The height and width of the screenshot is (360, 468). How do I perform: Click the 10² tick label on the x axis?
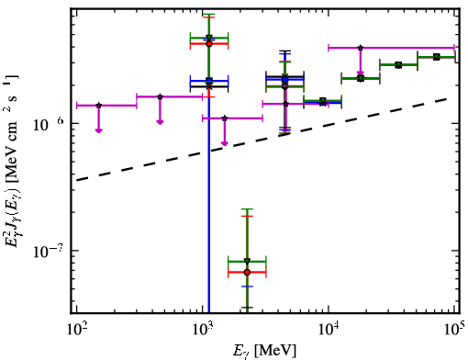point(76,330)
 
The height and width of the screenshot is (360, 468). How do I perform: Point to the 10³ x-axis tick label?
point(203,330)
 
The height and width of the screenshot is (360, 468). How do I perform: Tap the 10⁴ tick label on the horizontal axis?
point(329,330)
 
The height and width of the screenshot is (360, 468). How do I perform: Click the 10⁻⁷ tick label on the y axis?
point(47,252)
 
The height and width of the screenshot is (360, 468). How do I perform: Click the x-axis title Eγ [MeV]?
point(264,351)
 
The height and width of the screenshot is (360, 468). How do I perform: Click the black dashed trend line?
point(262,140)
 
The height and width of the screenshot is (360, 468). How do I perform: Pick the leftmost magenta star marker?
point(98,106)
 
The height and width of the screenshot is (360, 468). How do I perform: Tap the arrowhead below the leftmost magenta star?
point(98,130)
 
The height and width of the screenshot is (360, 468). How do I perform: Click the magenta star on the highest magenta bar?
point(361,48)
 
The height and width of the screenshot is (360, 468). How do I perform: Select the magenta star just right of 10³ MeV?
point(225,118)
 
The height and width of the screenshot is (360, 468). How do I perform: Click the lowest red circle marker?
point(247,272)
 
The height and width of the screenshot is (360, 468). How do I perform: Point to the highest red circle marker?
point(209,44)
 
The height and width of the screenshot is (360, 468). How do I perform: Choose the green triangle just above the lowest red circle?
point(247,261)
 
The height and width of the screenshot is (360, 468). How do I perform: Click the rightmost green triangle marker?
point(437,57)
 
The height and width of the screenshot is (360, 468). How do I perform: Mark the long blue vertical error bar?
point(209,196)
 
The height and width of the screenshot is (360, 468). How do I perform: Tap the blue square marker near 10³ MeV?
point(209,81)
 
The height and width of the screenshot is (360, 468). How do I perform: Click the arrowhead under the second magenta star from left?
point(160,122)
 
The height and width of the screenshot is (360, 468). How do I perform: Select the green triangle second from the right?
point(398,65)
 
